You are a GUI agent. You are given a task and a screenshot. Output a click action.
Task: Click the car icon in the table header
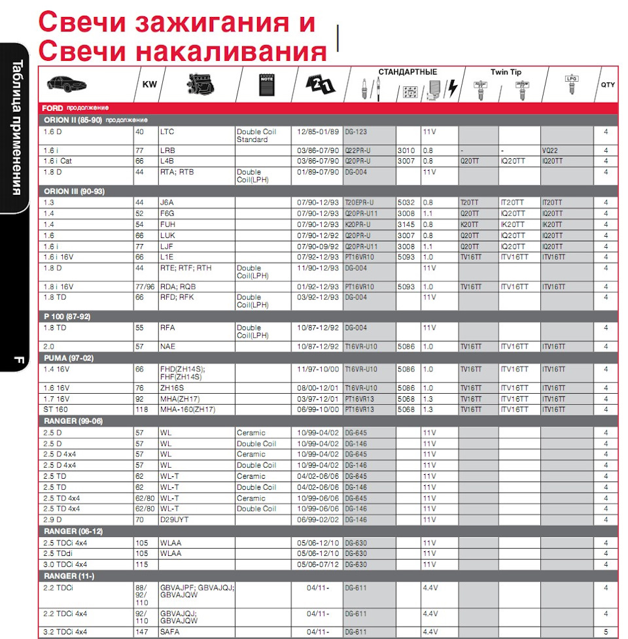pos(67,84)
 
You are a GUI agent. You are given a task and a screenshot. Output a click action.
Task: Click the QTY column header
pos(608,85)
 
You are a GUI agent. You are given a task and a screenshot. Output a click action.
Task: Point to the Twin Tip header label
pos(506,72)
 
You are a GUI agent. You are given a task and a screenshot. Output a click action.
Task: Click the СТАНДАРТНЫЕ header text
pos(408,72)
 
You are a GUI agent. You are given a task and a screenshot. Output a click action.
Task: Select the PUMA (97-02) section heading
pos(68,358)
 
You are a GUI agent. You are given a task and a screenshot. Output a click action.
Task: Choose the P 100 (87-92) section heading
pos(67,316)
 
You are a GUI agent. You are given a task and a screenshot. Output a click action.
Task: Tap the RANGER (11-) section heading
pos(69,576)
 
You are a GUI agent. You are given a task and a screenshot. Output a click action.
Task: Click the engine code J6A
pos(167,203)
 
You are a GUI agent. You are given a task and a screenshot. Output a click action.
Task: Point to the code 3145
pos(406,224)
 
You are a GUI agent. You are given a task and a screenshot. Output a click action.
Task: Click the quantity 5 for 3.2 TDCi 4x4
pos(606,632)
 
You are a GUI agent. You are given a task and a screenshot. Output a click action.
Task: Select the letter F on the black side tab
pos(18,359)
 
